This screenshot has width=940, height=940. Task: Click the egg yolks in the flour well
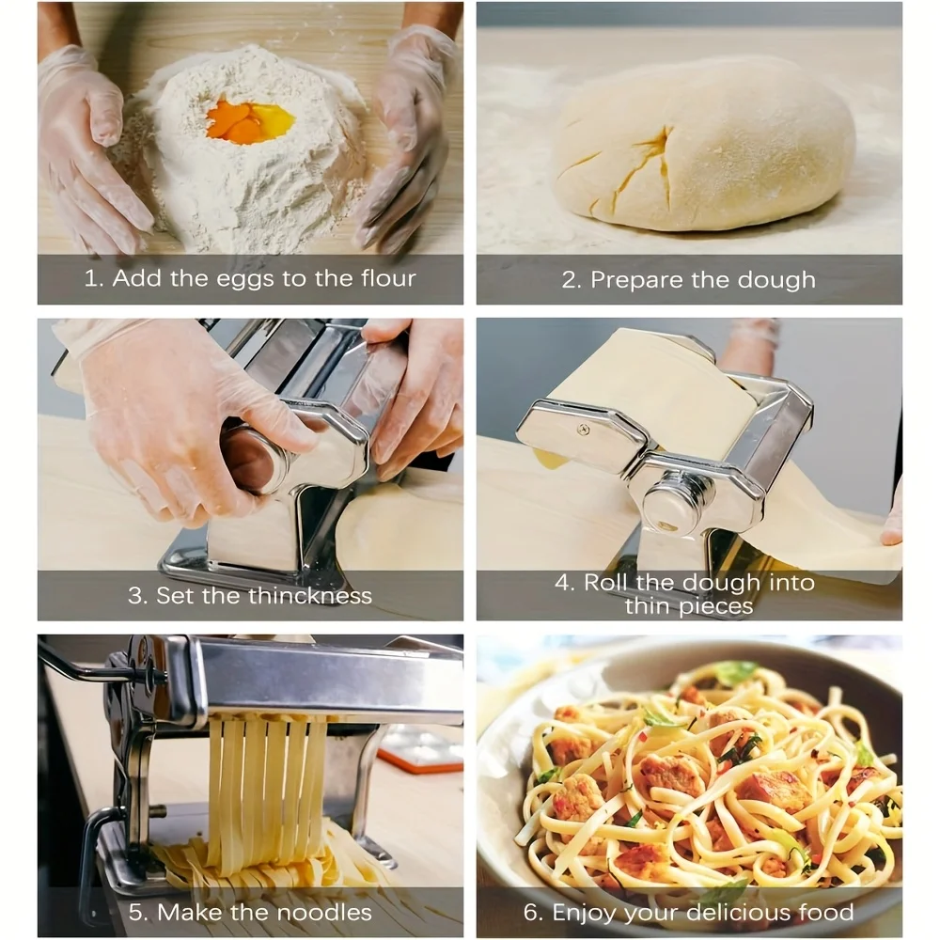[x=250, y=121]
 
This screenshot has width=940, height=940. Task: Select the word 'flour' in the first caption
[x=388, y=278]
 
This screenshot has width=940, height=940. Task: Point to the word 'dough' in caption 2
[x=776, y=280]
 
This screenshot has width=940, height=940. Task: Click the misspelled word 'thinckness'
[x=310, y=595]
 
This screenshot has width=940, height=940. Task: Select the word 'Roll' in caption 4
[x=606, y=582]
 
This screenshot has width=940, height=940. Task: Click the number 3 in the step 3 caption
[x=135, y=595]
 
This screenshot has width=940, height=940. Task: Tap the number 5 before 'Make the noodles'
[x=136, y=912]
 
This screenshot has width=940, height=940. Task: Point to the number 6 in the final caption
[x=532, y=912]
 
